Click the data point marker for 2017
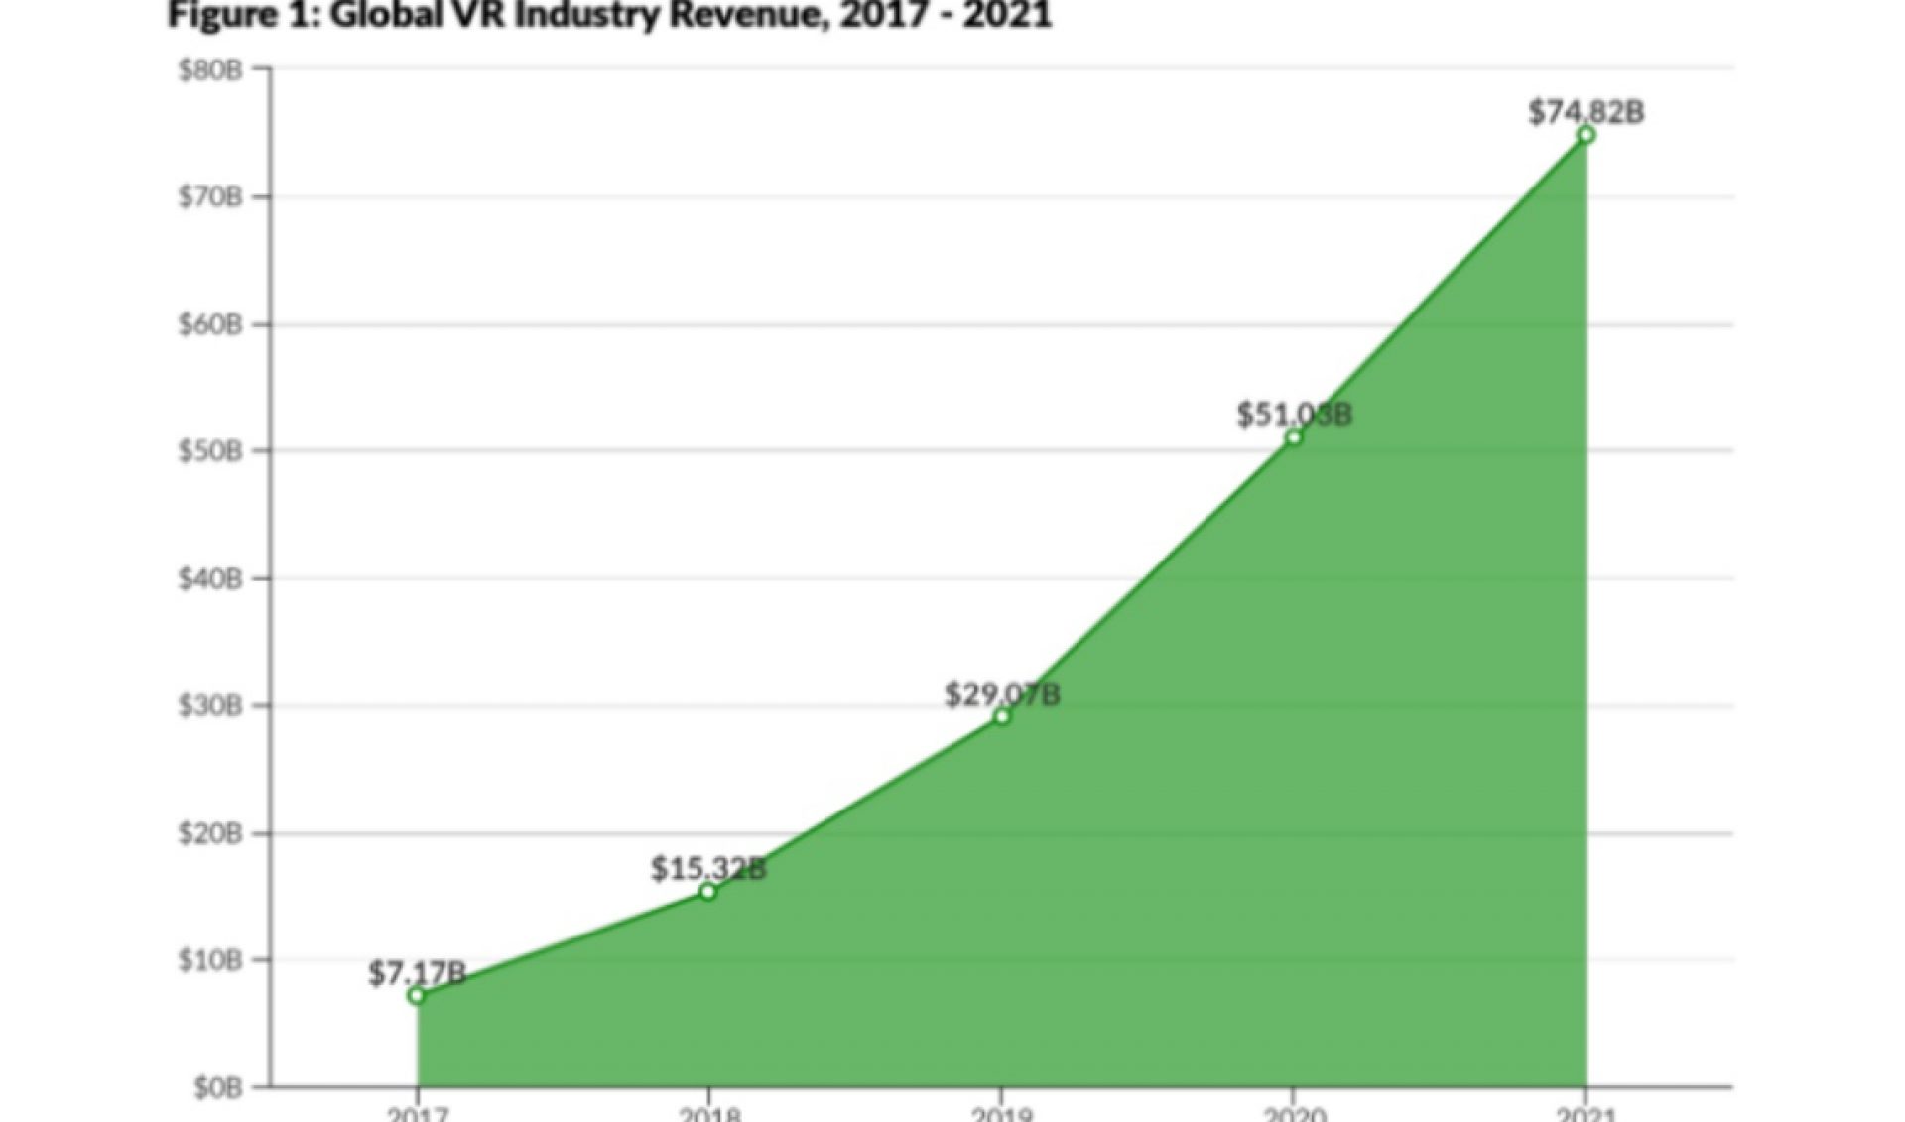(x=417, y=995)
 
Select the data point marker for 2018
(x=707, y=892)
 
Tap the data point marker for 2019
(x=1001, y=716)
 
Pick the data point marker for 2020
(x=1293, y=437)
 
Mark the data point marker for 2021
(x=1586, y=135)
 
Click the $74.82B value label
(x=1586, y=112)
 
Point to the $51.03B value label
(x=1294, y=414)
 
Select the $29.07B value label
(x=1001, y=694)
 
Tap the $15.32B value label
(x=708, y=869)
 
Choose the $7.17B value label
(x=417, y=973)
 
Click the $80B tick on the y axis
(x=210, y=70)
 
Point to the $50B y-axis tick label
(x=210, y=451)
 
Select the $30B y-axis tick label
(x=210, y=706)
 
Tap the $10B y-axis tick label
(x=210, y=960)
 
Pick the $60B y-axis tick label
(x=210, y=324)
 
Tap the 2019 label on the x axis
(x=1001, y=1113)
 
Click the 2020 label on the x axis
(x=1293, y=1113)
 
